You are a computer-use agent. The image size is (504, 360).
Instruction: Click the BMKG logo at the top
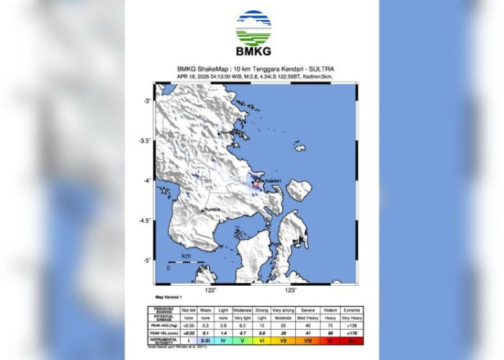point(253,32)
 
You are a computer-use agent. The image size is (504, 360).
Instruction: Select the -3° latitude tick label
point(146,101)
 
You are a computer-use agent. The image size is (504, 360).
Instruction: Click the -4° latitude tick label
point(146,181)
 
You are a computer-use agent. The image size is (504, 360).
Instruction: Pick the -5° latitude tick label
point(146,261)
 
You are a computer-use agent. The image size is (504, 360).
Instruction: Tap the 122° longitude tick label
point(210,290)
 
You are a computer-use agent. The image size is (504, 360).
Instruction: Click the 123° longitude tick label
point(290,290)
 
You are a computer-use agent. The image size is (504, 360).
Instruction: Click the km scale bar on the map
point(185,263)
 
